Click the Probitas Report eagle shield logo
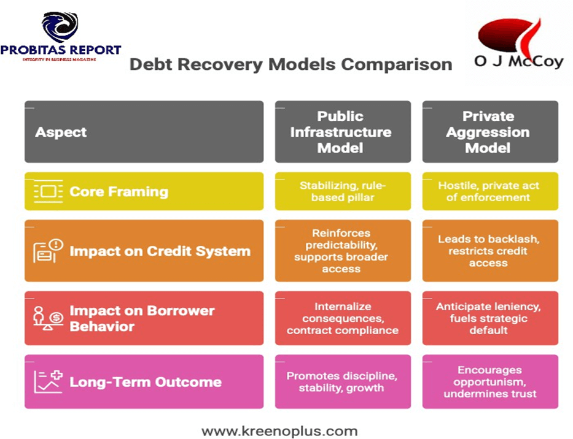(60, 26)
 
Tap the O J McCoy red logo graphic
(510, 37)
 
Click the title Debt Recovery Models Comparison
(291, 64)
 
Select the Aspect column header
(144, 132)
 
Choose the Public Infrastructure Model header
(343, 132)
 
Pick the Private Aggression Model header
(490, 132)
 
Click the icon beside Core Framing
(49, 191)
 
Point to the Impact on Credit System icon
(49, 251)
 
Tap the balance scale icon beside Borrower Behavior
(49, 318)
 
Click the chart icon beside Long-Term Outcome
(49, 382)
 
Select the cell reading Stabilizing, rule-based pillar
(343, 191)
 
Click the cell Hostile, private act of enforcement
(490, 191)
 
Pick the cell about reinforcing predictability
(343, 251)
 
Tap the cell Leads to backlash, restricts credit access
(490, 251)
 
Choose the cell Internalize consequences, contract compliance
(343, 318)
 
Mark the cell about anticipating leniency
(490, 318)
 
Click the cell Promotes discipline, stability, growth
(343, 382)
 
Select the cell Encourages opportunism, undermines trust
(490, 382)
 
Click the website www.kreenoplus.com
(279, 431)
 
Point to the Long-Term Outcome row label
(146, 382)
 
